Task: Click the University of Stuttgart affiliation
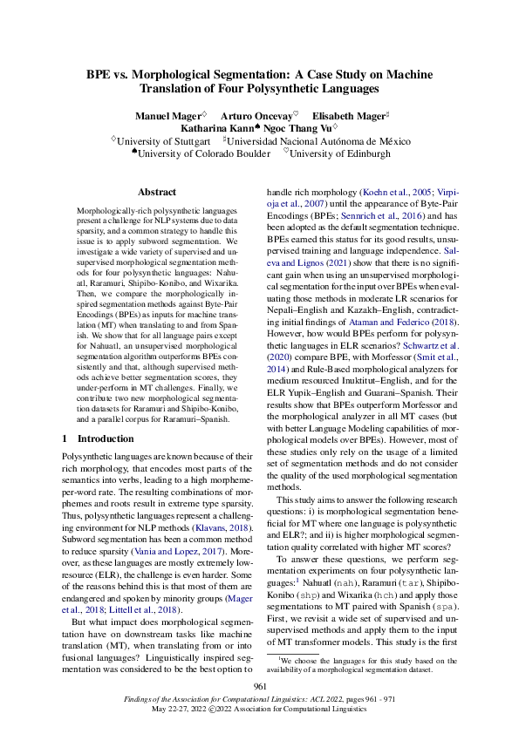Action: coord(164,140)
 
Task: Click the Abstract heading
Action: coord(157,192)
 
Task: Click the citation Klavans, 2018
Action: coord(222,504)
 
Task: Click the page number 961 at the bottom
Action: coord(259,687)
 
